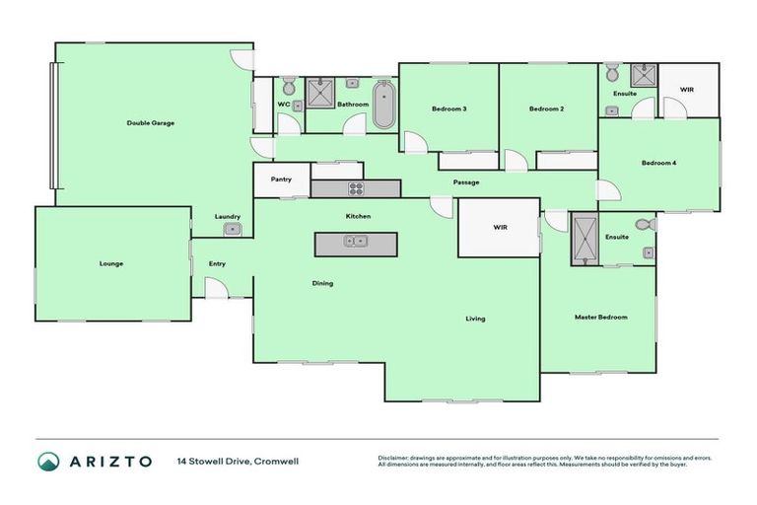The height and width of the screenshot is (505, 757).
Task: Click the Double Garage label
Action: coord(151,123)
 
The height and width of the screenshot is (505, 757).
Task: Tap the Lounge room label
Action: coord(111,263)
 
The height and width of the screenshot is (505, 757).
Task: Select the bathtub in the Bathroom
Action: coord(382,106)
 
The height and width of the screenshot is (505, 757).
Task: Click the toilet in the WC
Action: coord(289,86)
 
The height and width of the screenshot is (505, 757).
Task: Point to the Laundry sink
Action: coord(234,230)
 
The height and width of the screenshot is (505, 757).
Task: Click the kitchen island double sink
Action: coord(355,241)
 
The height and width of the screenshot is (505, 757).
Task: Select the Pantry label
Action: coord(281,180)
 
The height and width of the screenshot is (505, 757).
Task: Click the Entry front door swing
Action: coord(215,287)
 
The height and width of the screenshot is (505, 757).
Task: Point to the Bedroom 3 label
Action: coord(448,108)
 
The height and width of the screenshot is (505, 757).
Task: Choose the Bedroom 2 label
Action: coord(546,108)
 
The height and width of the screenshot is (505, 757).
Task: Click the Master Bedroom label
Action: coord(600,317)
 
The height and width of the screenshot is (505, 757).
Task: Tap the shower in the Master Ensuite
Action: coord(584,239)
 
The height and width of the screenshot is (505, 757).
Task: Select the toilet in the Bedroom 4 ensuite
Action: coord(612,72)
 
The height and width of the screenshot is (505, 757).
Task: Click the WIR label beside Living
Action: coord(500,228)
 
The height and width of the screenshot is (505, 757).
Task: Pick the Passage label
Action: coord(466,182)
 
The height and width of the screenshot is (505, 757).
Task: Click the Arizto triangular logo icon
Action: coord(48,461)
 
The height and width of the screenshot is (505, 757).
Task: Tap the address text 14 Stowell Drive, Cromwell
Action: coord(238,461)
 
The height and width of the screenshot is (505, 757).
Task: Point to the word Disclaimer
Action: coord(396,458)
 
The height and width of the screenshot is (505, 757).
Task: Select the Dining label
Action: coord(322,283)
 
